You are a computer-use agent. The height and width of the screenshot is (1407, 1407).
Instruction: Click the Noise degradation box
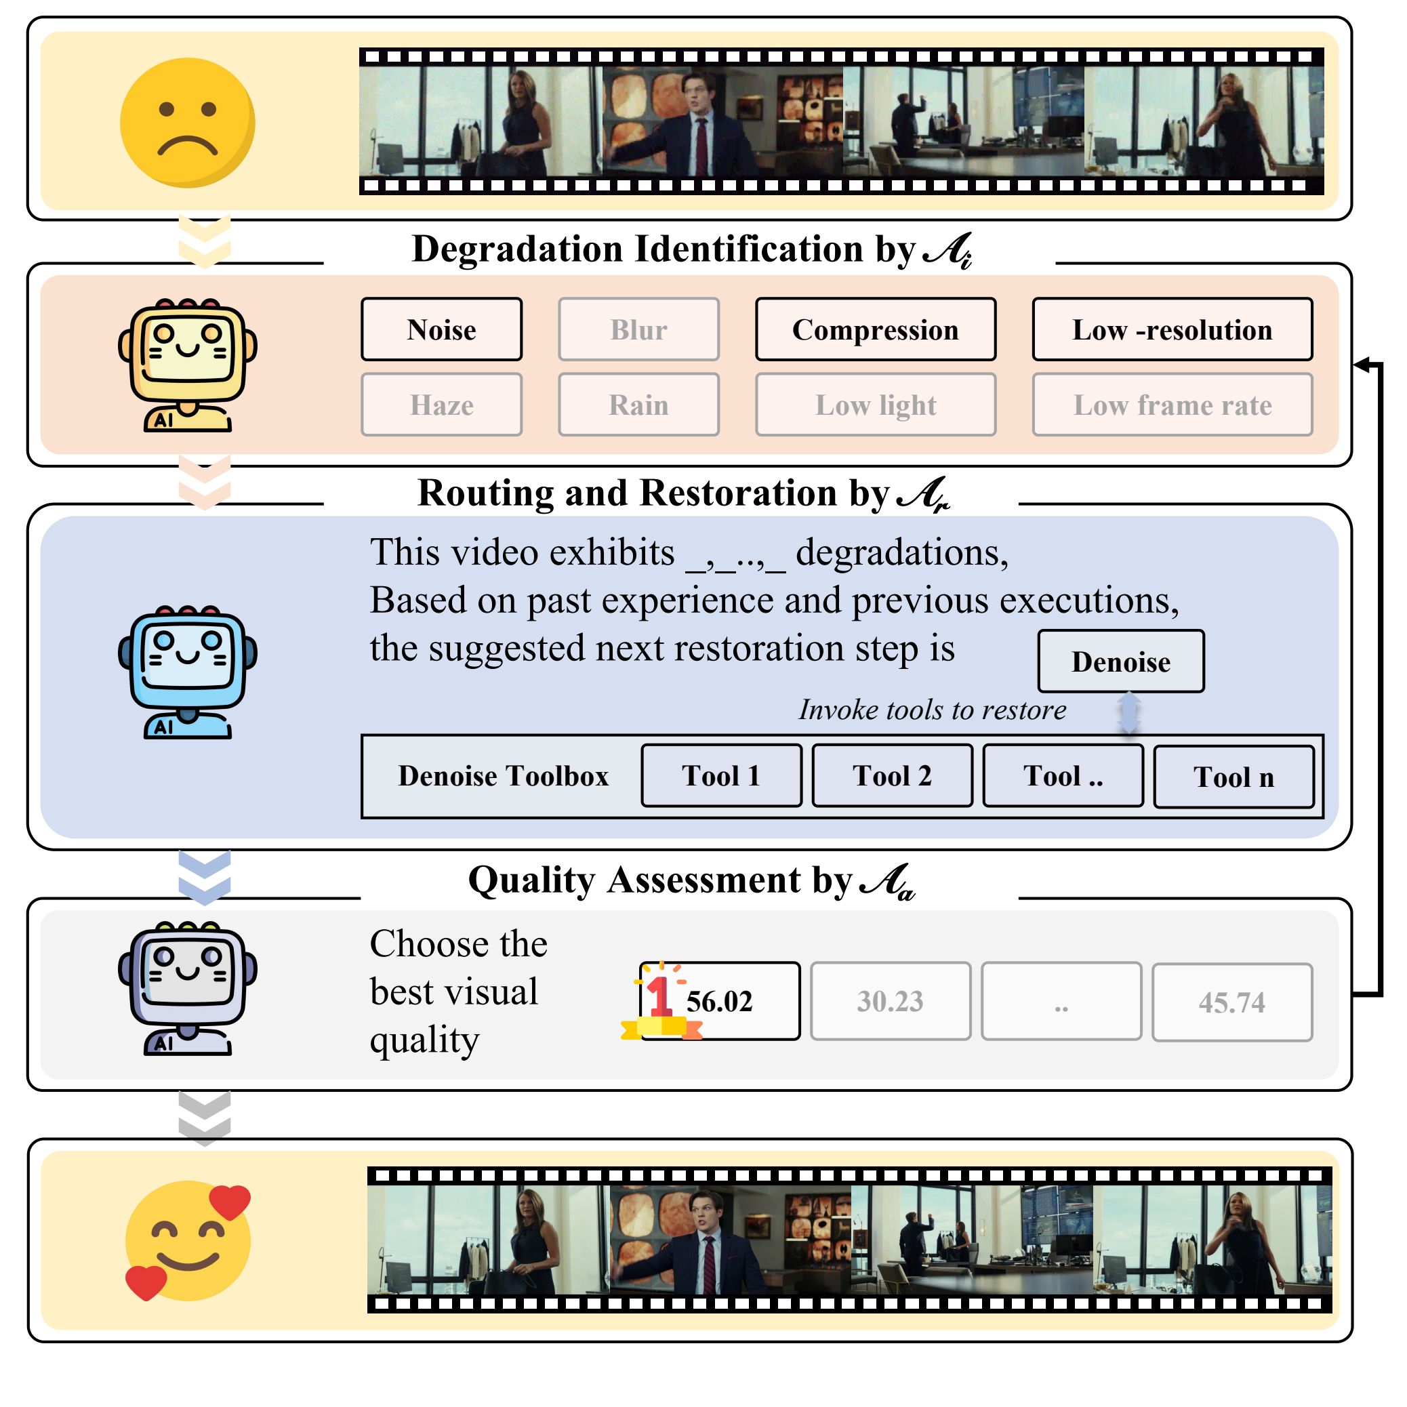click(441, 329)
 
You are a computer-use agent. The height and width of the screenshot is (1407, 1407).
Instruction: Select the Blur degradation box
click(638, 329)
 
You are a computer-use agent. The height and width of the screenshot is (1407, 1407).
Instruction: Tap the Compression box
click(876, 329)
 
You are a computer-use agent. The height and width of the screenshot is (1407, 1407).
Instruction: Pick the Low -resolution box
click(1172, 329)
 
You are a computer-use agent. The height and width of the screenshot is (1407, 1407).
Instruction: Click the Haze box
click(441, 405)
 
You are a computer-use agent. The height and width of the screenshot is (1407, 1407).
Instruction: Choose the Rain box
click(638, 405)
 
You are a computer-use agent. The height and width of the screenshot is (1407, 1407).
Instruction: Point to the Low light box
click(876, 405)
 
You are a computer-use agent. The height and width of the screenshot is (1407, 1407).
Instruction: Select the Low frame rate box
click(1172, 405)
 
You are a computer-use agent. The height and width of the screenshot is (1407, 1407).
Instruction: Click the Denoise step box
click(1121, 661)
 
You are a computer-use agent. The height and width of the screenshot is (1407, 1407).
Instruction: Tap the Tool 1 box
click(721, 775)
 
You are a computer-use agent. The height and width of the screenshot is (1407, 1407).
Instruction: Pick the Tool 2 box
click(892, 775)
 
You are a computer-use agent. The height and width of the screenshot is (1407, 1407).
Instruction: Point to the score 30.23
click(890, 1000)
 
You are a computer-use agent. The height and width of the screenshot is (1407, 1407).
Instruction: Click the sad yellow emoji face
click(187, 123)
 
